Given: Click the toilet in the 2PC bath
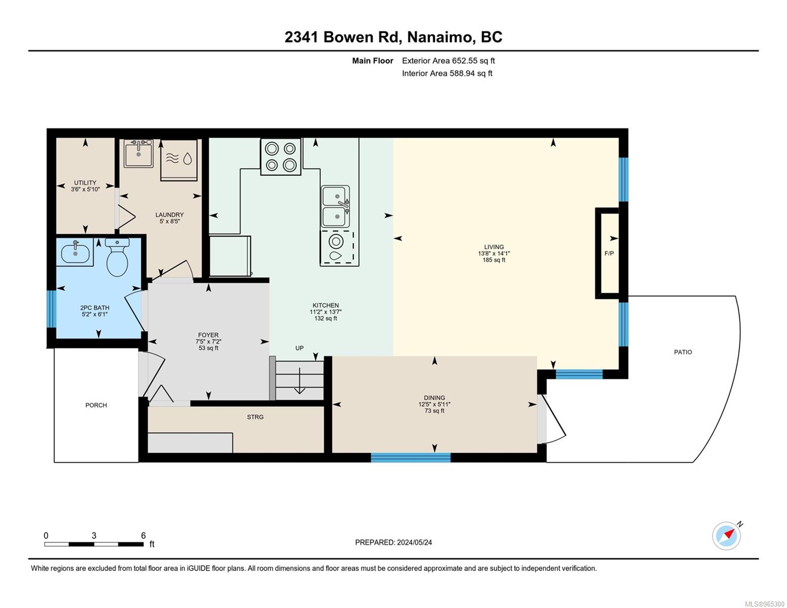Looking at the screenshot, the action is tap(117, 256).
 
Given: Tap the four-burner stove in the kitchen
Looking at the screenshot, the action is tap(281, 157).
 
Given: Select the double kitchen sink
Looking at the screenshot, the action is tap(335, 206).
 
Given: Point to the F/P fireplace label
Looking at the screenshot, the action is tap(609, 253).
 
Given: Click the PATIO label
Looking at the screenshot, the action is tap(683, 352).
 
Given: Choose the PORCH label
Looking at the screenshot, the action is tap(96, 405).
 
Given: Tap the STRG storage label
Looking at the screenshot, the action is tap(255, 417).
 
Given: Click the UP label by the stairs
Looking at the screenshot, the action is tap(299, 348).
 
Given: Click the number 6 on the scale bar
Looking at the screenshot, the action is tap(143, 536).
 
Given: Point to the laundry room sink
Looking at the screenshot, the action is tap(138, 154).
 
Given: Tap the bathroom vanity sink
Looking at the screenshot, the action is tap(76, 252).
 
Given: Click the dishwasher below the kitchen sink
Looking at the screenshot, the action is tap(337, 248).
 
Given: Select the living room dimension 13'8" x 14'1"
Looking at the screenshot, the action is tap(494, 253).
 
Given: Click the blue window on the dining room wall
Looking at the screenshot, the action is tap(410, 458).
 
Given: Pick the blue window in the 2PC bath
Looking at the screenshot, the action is tap(52, 309).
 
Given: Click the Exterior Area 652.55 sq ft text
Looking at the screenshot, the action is tap(448, 61).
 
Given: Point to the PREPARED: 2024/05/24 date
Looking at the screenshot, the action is tap(393, 542).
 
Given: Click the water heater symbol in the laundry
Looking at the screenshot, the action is tap(179, 160).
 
